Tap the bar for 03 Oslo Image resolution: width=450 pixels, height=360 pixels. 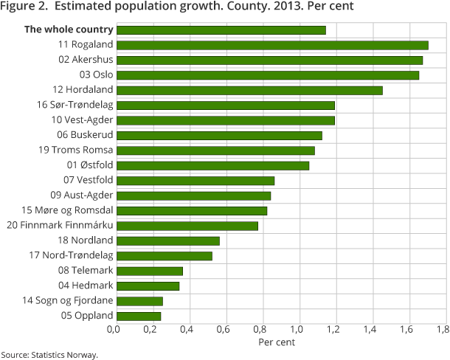click(x=268, y=75)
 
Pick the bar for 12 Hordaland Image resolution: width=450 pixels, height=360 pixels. click(x=249, y=90)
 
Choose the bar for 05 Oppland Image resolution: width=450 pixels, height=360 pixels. click(x=139, y=316)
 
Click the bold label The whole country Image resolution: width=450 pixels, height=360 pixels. click(x=69, y=30)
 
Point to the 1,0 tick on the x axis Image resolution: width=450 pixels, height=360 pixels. click(x=297, y=330)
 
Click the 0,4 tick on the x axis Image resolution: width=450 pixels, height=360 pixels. click(x=187, y=330)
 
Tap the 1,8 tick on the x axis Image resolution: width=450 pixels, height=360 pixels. click(x=443, y=330)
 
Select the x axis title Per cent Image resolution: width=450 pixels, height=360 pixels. click(x=277, y=342)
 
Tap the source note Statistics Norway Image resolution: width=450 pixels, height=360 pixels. click(x=49, y=355)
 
